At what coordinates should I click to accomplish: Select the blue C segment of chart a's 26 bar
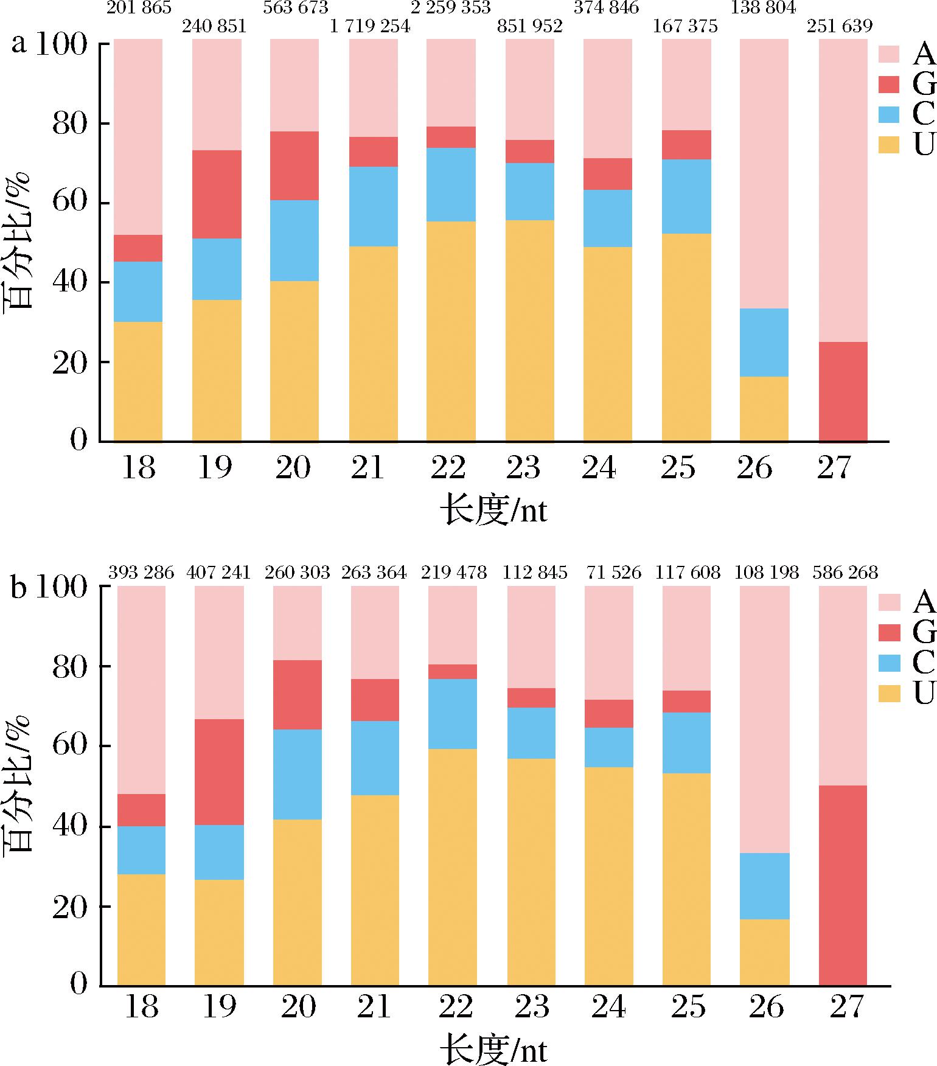(x=764, y=342)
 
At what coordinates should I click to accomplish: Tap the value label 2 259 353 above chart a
(x=451, y=7)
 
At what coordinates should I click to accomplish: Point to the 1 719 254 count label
(x=370, y=26)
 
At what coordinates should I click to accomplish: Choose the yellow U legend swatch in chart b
(x=889, y=692)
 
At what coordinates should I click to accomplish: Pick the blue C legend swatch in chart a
(x=889, y=114)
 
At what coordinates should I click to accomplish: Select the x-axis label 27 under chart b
(x=846, y=1007)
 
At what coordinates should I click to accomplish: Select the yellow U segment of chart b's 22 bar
(x=452, y=867)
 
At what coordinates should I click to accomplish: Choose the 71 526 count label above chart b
(x=613, y=573)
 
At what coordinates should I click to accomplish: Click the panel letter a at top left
(x=18, y=44)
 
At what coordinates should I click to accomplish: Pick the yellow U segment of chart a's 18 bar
(x=138, y=381)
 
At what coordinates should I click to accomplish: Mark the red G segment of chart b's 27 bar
(x=843, y=885)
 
